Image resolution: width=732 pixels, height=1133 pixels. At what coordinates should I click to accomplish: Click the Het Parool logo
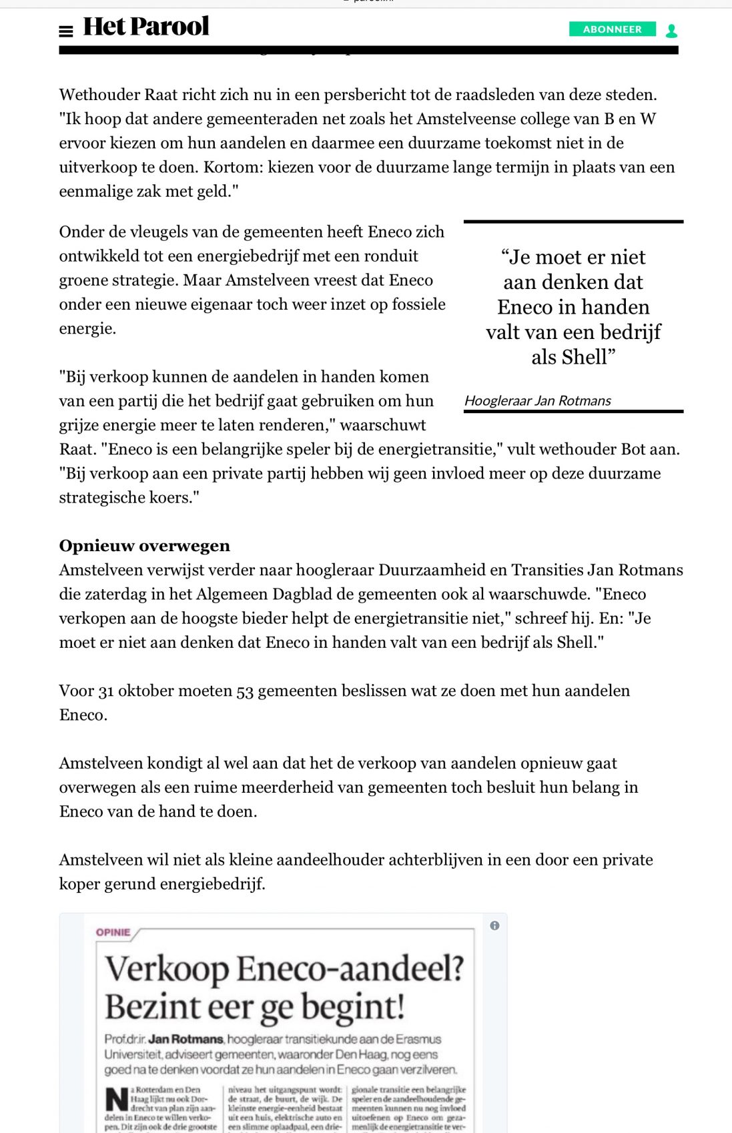(x=145, y=27)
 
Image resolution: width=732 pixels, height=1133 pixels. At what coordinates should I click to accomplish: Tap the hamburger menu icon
(x=66, y=31)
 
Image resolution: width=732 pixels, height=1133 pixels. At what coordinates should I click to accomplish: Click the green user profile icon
(x=671, y=31)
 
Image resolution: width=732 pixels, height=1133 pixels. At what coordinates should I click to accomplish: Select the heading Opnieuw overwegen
(x=144, y=546)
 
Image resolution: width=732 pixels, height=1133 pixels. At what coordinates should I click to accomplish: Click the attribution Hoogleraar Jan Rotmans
(x=537, y=401)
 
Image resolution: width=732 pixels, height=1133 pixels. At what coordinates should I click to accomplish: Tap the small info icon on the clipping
(x=494, y=925)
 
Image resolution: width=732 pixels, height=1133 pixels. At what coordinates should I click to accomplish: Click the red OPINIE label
(x=113, y=932)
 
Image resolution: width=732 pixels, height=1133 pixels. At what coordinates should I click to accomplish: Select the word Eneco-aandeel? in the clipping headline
(x=350, y=969)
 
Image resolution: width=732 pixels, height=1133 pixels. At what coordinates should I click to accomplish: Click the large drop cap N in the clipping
(x=116, y=1099)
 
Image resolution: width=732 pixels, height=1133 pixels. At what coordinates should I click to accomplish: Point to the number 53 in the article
(x=245, y=691)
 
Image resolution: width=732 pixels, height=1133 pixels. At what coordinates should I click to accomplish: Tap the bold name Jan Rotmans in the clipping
(x=186, y=1039)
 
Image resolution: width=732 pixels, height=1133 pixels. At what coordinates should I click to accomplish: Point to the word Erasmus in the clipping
(x=418, y=1039)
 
